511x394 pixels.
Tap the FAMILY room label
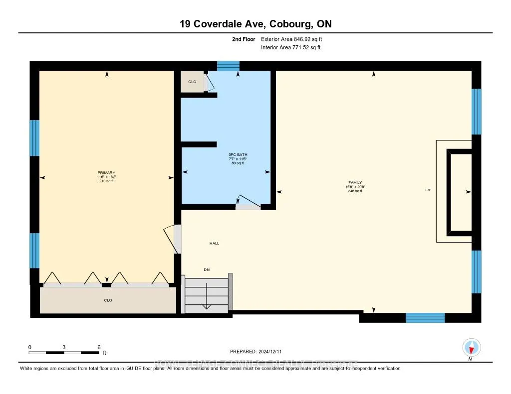pos(355,183)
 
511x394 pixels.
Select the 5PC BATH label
pos(238,155)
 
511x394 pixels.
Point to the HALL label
pos(214,244)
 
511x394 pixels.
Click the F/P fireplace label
pos(428,191)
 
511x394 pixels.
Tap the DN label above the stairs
pos(207,269)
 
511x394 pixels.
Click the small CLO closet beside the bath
pos(192,81)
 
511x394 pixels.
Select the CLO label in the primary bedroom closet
pos(108,300)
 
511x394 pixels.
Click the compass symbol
pos(471,347)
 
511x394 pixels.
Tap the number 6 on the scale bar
pos(99,347)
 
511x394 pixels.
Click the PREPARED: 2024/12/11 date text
pos(259,351)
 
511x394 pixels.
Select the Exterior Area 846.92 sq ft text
pos(295,39)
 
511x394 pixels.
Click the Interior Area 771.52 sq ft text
pos(291,47)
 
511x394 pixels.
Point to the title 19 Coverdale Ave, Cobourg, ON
pos(255,24)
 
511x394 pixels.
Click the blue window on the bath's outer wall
pos(228,66)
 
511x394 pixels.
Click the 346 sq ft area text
pos(355,191)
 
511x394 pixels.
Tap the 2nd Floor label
pos(244,39)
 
